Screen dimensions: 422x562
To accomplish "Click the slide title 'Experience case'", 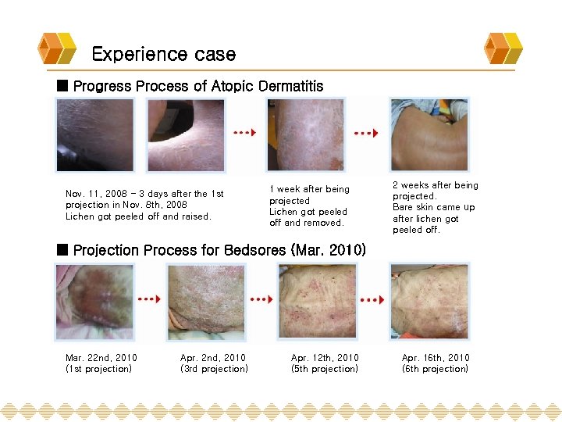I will coord(163,54).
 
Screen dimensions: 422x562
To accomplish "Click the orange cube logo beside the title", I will coord(57,48).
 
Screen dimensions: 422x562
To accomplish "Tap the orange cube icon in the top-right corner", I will coord(503,48).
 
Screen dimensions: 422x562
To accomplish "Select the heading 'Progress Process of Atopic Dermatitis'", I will coord(197,86).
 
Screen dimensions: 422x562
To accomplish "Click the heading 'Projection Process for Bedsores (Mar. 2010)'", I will coord(219,251).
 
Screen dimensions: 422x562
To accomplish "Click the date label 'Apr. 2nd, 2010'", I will coord(213,358).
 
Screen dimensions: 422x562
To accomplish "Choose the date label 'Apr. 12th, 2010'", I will coord(325,358).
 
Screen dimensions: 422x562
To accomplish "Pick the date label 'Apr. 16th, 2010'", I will coord(436,358).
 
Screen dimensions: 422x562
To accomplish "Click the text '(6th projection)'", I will coord(436,369).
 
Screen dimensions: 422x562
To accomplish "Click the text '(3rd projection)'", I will coord(214,369).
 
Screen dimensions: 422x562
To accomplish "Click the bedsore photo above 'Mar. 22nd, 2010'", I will coord(94,302).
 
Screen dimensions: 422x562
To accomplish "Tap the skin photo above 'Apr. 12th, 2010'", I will coord(317,301).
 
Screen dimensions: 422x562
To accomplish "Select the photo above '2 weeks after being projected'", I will coord(429,134).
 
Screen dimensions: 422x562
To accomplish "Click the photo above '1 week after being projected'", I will coord(305,134).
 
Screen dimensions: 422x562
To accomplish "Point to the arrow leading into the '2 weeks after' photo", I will coord(365,134).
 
